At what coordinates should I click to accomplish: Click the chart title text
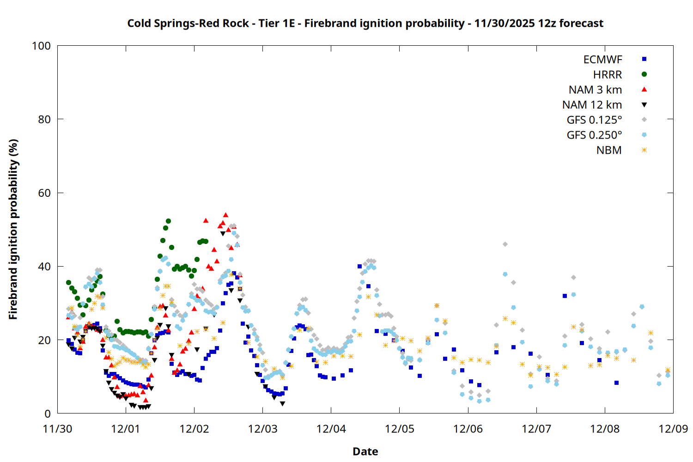tap(365, 23)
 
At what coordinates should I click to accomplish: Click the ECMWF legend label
tap(602, 60)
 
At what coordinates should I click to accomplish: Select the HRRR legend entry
tap(608, 75)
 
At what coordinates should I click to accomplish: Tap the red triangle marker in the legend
tap(644, 90)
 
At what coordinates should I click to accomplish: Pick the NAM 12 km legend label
tap(592, 105)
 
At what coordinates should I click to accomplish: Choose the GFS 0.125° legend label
tap(594, 120)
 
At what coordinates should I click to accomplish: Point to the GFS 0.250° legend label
tap(594, 135)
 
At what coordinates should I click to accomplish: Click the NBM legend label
tap(609, 151)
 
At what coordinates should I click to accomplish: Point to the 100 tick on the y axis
tap(41, 46)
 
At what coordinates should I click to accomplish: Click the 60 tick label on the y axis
tap(45, 193)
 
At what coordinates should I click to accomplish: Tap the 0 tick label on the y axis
tap(48, 414)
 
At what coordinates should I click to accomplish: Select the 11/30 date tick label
tap(57, 429)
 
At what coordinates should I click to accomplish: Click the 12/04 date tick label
tap(331, 429)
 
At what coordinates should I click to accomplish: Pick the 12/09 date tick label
tap(673, 429)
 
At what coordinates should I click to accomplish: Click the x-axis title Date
tap(365, 451)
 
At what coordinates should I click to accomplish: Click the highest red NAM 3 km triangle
tap(225, 215)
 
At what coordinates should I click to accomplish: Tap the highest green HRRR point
tap(168, 221)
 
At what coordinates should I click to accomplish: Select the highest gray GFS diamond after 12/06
tap(505, 244)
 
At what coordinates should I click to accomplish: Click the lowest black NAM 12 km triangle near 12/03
tap(282, 404)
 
